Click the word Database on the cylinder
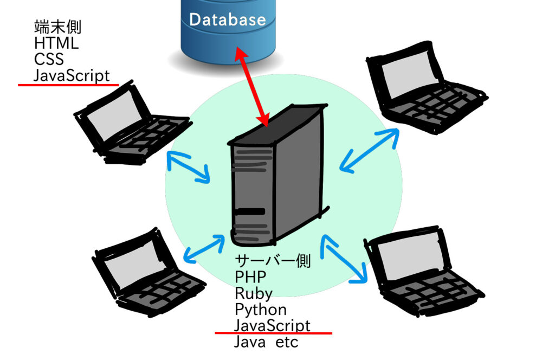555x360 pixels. (x=228, y=20)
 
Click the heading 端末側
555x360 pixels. (x=57, y=27)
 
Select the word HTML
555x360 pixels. (x=56, y=43)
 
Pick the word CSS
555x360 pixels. (x=49, y=60)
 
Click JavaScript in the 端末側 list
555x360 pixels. (x=72, y=75)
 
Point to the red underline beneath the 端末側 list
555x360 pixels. (x=68, y=85)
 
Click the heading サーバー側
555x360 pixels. (x=273, y=261)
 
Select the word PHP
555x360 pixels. (x=250, y=277)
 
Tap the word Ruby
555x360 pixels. (x=254, y=293)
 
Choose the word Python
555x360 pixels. (x=261, y=310)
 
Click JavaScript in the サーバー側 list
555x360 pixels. (x=272, y=326)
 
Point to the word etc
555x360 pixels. (x=287, y=342)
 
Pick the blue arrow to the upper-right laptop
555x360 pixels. (x=370, y=150)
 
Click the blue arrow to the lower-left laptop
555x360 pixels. (x=204, y=249)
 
